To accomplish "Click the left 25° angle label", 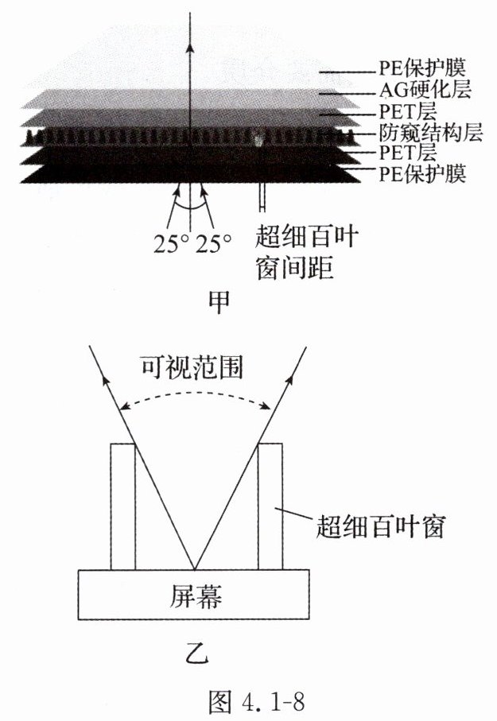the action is (172, 241).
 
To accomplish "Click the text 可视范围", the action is (193, 367).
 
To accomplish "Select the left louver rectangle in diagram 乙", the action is (123, 506).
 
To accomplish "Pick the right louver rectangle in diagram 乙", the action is (271, 506).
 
